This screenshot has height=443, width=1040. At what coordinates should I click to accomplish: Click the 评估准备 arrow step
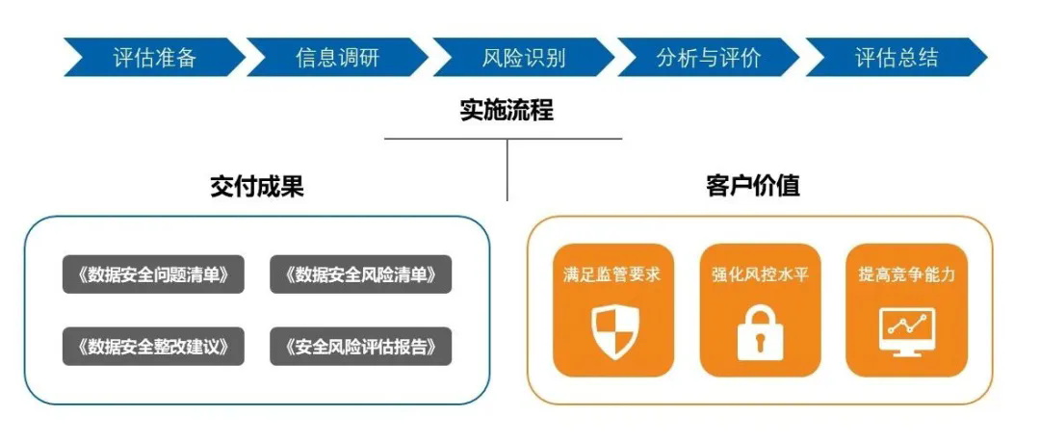154,58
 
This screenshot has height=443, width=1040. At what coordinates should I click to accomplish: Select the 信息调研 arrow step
337,58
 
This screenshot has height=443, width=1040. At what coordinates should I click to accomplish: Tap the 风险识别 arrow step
523,58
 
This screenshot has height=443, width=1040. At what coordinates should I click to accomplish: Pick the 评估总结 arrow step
896,58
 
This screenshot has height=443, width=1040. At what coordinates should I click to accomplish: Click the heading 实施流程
507,110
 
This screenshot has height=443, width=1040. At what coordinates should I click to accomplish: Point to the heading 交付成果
257,186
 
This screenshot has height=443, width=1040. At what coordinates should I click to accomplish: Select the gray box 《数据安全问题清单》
153,274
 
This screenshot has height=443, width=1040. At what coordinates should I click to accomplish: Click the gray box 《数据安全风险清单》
361,274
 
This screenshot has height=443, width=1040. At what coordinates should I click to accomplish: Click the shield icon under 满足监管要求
612,332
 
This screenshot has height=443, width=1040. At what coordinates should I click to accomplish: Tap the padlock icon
760,332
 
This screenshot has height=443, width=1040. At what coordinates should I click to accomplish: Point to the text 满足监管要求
612,274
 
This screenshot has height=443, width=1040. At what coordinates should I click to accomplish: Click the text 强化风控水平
760,274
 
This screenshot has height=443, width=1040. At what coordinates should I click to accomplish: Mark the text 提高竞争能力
906,274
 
